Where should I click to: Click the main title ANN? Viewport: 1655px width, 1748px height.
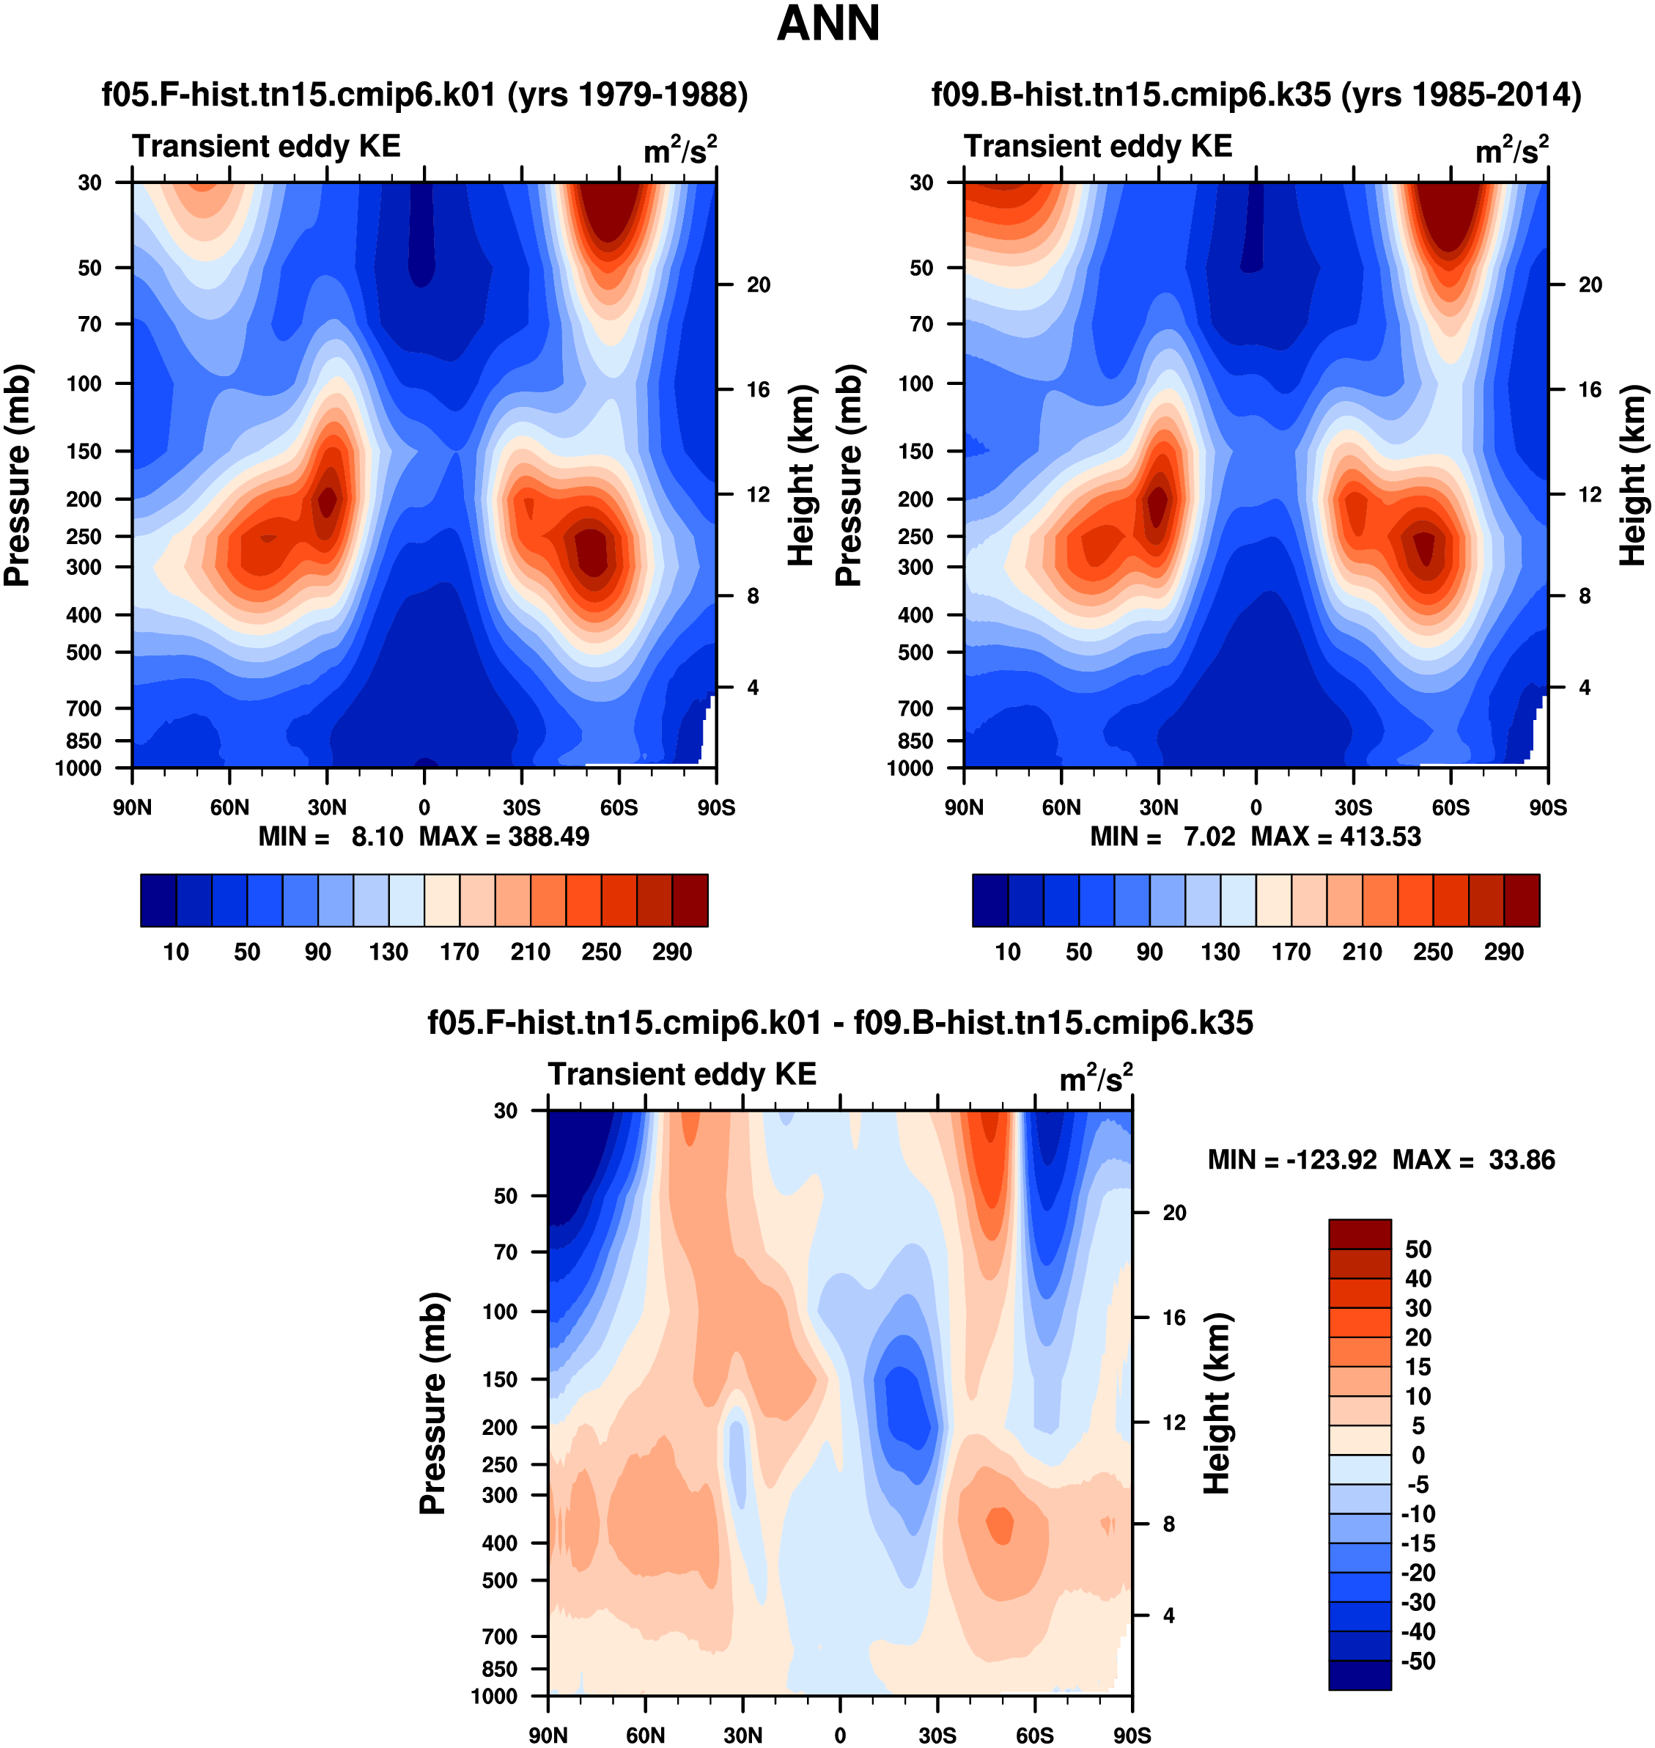point(827,23)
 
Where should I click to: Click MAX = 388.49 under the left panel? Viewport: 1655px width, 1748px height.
point(504,837)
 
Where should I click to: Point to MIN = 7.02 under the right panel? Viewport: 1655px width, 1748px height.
point(1162,837)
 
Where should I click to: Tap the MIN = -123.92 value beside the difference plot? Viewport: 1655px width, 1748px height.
point(1291,1159)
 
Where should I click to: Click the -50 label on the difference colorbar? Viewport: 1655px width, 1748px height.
point(1418,1661)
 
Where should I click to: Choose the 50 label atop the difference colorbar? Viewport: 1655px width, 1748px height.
point(1418,1249)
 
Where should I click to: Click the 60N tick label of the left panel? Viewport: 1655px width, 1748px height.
point(229,807)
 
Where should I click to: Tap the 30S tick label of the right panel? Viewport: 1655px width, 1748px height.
point(1353,807)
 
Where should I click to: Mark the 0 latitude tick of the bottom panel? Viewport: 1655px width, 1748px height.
point(840,1736)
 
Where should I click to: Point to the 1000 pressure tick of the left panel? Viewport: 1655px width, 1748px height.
point(78,768)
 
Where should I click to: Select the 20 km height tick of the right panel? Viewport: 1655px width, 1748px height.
point(1590,285)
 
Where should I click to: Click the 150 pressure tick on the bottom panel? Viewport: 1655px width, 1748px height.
point(499,1379)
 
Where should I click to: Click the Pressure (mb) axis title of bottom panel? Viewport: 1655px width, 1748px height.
point(432,1403)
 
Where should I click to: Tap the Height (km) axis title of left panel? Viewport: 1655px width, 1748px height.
point(800,474)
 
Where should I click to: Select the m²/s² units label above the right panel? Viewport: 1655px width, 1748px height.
point(1512,149)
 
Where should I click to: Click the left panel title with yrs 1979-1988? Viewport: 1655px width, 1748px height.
point(425,95)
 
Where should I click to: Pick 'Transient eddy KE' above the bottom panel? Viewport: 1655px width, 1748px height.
point(682,1074)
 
